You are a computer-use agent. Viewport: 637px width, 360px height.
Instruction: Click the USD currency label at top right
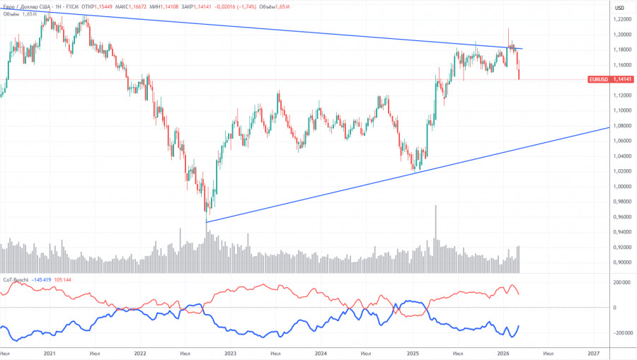click(x=619, y=7)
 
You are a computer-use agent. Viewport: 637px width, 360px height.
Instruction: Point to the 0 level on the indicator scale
click(x=614, y=308)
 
